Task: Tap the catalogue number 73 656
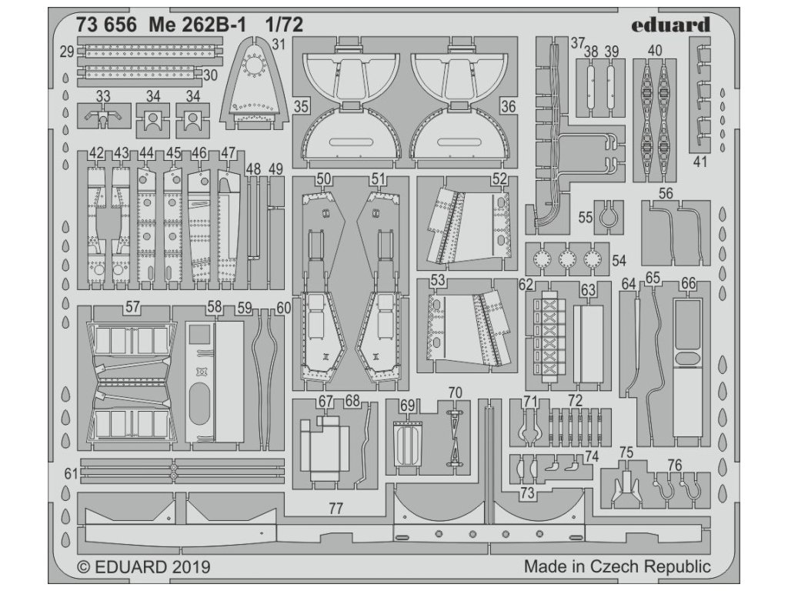pyautogui.click(x=107, y=25)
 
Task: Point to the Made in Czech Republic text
pyautogui.click(x=617, y=566)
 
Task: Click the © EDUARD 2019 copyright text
pyautogui.click(x=144, y=567)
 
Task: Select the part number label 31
pyautogui.click(x=278, y=44)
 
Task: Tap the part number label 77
pyautogui.click(x=335, y=509)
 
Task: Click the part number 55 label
pyautogui.click(x=586, y=218)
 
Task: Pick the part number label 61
pyautogui.click(x=70, y=474)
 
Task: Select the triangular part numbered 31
pyautogui.click(x=251, y=85)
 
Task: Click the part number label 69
pyautogui.click(x=408, y=405)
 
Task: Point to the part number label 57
pyautogui.click(x=132, y=307)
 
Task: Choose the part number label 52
pyautogui.click(x=500, y=179)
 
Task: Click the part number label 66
pyautogui.click(x=688, y=284)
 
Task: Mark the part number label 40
pyautogui.click(x=655, y=51)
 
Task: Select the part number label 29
pyautogui.click(x=66, y=52)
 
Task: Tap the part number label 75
pyautogui.click(x=626, y=452)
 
